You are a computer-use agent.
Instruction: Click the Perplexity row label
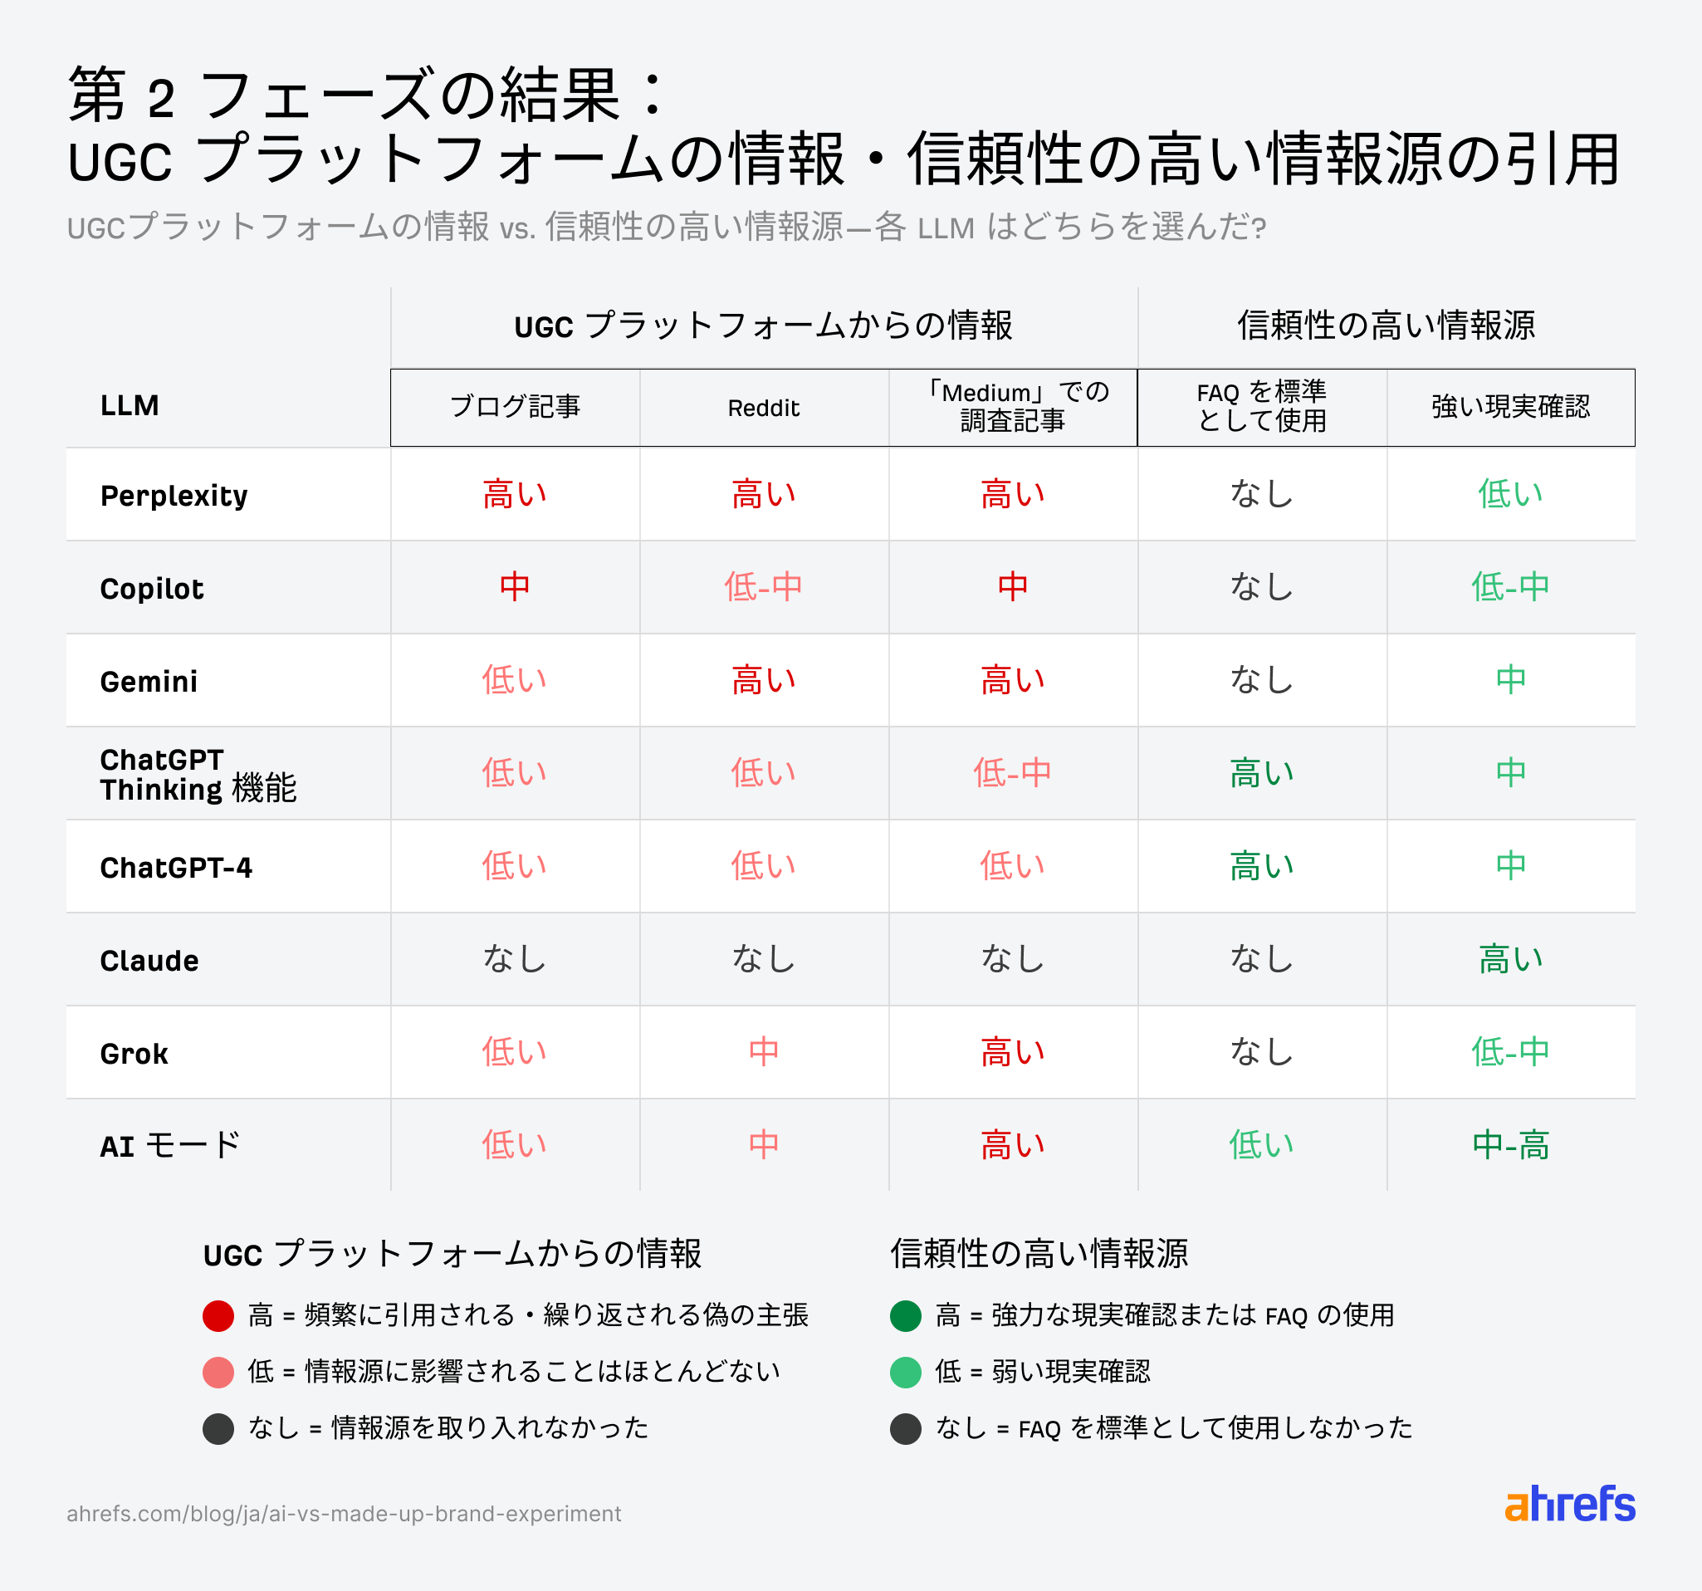174,496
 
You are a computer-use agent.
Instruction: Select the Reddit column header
763,409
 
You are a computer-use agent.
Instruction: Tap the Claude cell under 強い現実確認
1510,959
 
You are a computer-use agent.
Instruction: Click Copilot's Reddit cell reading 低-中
763,587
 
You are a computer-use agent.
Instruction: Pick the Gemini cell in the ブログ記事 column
515,681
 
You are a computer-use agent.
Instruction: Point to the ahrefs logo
1569,1505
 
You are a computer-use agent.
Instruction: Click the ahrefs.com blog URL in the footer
344,1514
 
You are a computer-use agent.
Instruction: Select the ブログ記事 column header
515,407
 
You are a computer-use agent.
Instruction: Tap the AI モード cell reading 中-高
1510,1145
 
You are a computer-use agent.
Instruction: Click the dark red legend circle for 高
218,1315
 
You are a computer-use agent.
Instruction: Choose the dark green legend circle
906,1315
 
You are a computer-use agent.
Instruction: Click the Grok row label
134,1053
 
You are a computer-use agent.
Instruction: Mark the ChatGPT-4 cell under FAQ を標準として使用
1261,867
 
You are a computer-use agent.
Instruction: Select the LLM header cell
130,405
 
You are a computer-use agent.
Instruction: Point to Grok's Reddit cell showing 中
763,1051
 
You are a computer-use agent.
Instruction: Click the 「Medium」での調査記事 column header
1013,407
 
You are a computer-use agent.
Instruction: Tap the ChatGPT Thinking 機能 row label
198,774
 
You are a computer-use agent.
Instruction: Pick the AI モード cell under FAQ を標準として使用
1261,1145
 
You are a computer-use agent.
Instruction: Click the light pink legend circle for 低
218,1372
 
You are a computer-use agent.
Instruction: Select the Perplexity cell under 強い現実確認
1510,495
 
